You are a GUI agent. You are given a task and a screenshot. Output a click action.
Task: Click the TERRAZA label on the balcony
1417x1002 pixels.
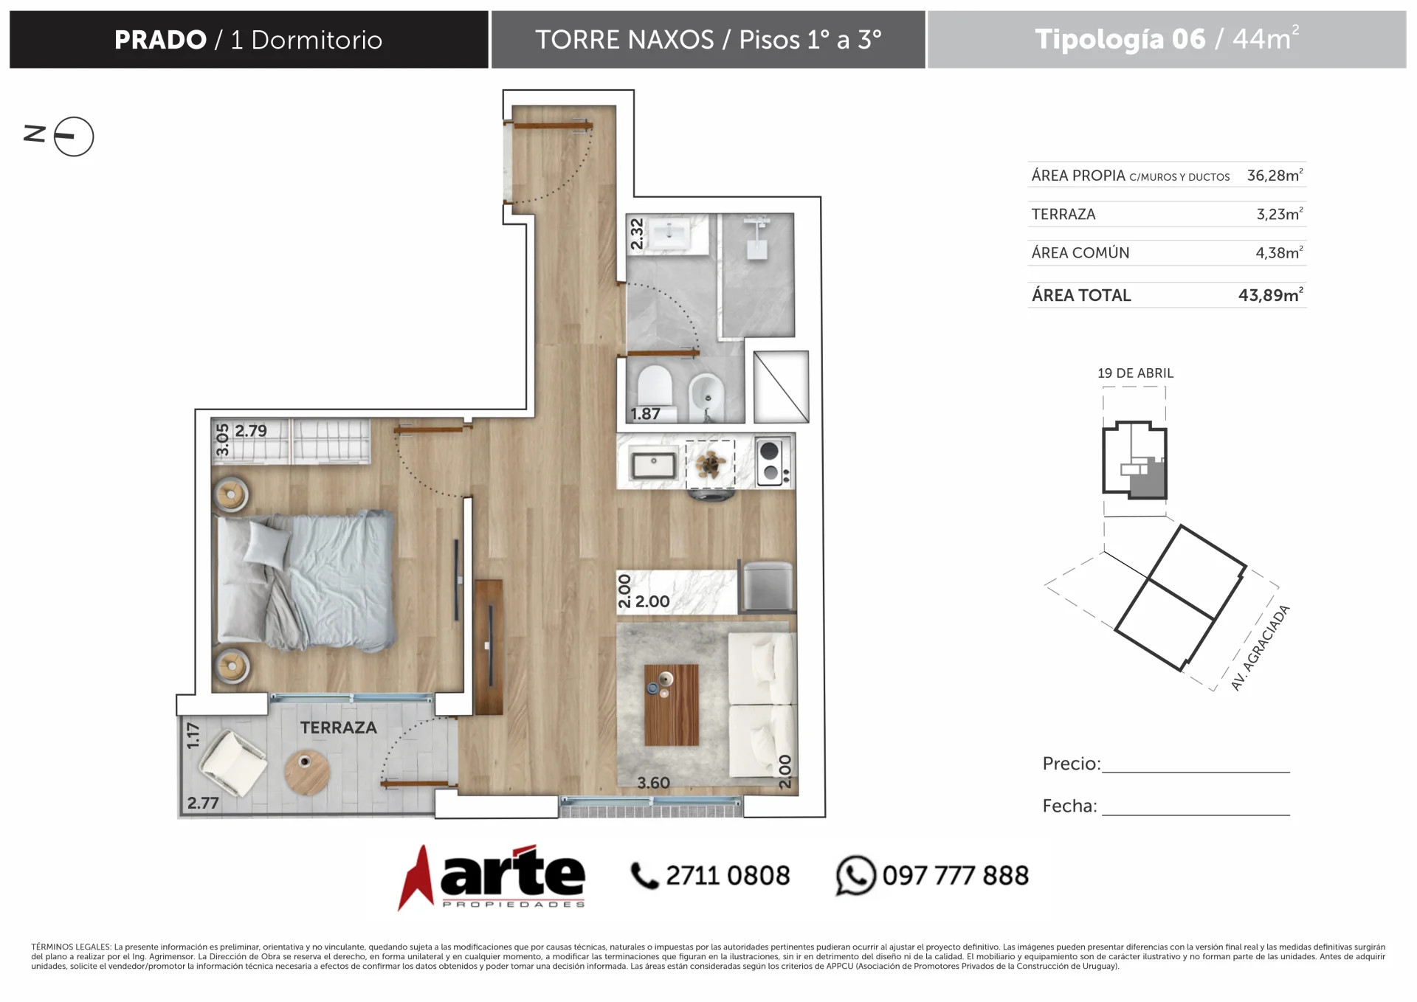pyautogui.click(x=338, y=728)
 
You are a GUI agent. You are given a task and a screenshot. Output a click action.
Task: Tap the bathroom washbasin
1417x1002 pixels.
pyautogui.click(x=670, y=233)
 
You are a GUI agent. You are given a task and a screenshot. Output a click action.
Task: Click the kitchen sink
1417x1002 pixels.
pyautogui.click(x=653, y=465)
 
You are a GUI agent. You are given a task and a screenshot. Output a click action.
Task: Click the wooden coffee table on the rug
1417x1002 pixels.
pyautogui.click(x=671, y=705)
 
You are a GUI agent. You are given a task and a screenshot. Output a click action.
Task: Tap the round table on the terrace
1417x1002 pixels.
pyautogui.click(x=307, y=772)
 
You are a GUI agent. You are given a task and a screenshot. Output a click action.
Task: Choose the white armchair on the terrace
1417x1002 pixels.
pyautogui.click(x=233, y=764)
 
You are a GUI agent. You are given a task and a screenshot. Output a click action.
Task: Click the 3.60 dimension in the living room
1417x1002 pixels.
pyautogui.click(x=653, y=783)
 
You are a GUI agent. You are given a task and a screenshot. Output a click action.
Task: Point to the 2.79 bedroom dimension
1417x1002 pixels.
pyautogui.click(x=251, y=431)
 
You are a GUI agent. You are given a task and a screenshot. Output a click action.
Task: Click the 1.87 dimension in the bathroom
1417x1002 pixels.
pyautogui.click(x=645, y=414)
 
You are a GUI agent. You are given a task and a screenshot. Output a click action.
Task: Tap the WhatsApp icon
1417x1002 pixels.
pyautogui.click(x=855, y=875)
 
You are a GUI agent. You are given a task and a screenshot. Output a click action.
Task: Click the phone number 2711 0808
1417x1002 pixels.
pyautogui.click(x=728, y=875)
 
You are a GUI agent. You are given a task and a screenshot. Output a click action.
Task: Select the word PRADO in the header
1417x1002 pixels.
pyautogui.click(x=160, y=40)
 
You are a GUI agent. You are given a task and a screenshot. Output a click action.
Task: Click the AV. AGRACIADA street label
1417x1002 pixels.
pyautogui.click(x=1260, y=648)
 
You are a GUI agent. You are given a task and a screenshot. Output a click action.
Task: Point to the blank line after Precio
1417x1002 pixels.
pyautogui.click(x=1196, y=772)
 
